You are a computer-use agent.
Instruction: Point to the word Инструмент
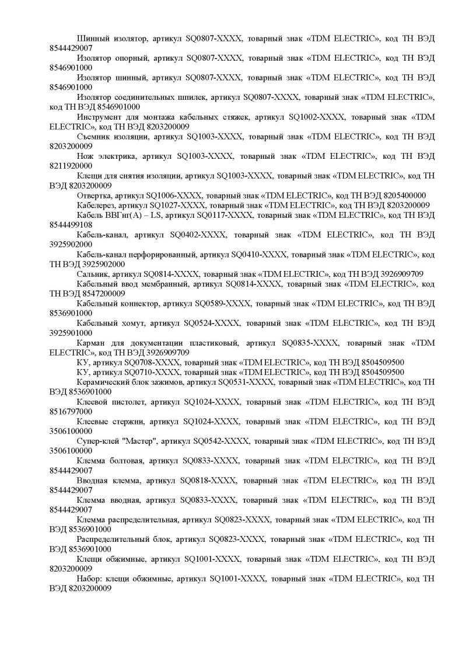pos(100,117)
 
